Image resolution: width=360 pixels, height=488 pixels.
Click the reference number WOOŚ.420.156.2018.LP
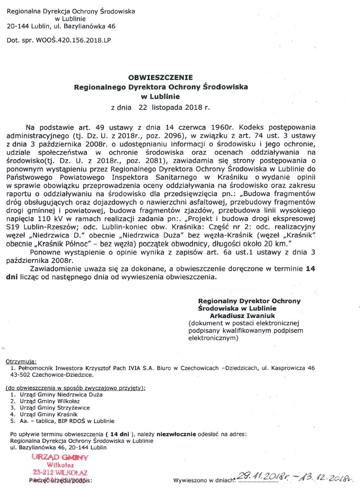(x=73, y=40)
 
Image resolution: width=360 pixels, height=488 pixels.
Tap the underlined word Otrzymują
(x=21, y=360)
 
